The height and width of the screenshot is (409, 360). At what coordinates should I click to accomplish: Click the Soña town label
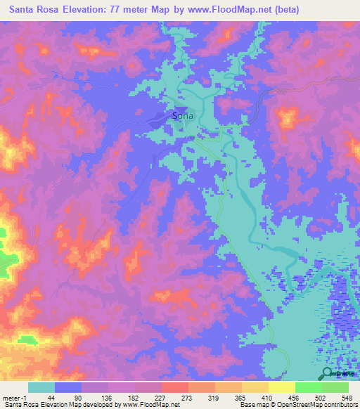[184, 116]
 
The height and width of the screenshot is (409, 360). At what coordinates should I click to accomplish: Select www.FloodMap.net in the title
[239, 10]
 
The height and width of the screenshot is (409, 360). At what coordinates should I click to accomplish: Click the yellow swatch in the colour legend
[281, 387]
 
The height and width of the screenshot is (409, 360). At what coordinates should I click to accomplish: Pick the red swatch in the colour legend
[174, 387]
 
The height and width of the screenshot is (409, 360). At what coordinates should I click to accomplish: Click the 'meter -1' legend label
[15, 397]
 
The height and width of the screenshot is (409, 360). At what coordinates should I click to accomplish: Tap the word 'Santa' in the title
[25, 10]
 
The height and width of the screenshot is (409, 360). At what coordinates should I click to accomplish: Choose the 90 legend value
[79, 397]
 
